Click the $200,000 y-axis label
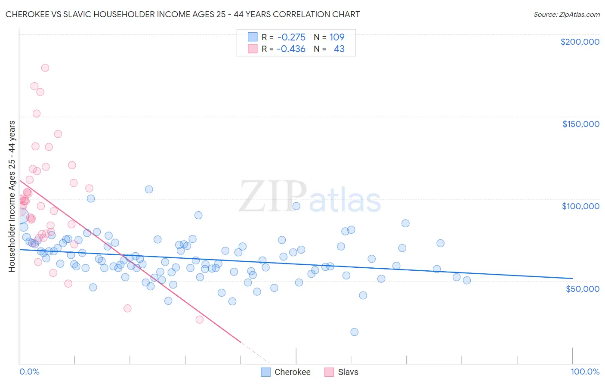pyautogui.click(x=580, y=42)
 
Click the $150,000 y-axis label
pyautogui.click(x=580, y=124)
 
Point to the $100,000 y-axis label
pyautogui.click(x=580, y=206)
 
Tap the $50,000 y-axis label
pyautogui.click(x=582, y=288)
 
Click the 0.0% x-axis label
pyautogui.click(x=29, y=372)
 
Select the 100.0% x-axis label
pyautogui.click(x=585, y=372)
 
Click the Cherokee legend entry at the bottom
pyautogui.click(x=292, y=372)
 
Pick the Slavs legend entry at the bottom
pyautogui.click(x=348, y=372)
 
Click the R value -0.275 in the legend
pyautogui.click(x=291, y=37)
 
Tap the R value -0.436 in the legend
pyautogui.click(x=291, y=49)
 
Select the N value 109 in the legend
pyautogui.click(x=337, y=37)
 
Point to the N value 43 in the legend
pyautogui.click(x=339, y=49)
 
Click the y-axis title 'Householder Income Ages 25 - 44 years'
pyautogui.click(x=12, y=196)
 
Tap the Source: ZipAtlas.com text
pyautogui.click(x=566, y=15)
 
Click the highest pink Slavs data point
pyautogui.click(x=45, y=68)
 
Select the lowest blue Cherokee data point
pyautogui.click(x=354, y=332)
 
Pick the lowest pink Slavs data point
pyautogui.click(x=199, y=319)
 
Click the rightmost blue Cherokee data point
pyautogui.click(x=467, y=280)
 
